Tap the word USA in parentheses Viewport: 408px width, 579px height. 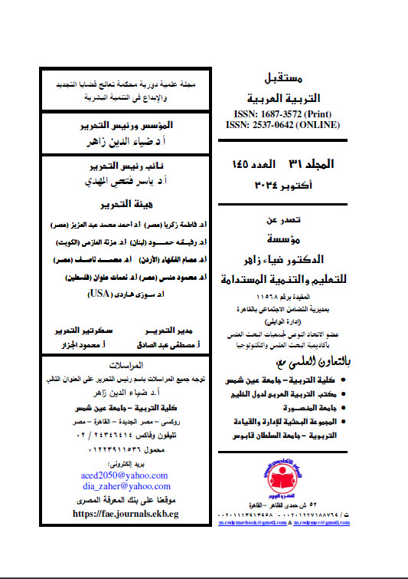(x=115, y=293)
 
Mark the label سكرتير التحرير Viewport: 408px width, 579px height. (x=80, y=331)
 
